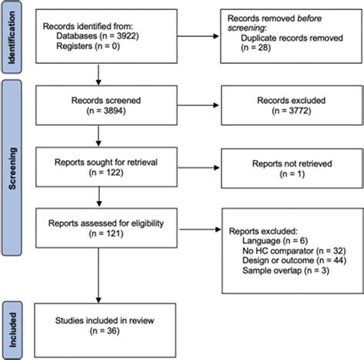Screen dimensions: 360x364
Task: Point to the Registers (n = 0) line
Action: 85,47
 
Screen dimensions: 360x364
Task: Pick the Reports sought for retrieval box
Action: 101,168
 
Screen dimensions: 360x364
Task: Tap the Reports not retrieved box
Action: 285,168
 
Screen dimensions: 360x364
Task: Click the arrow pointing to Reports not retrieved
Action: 190,168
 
